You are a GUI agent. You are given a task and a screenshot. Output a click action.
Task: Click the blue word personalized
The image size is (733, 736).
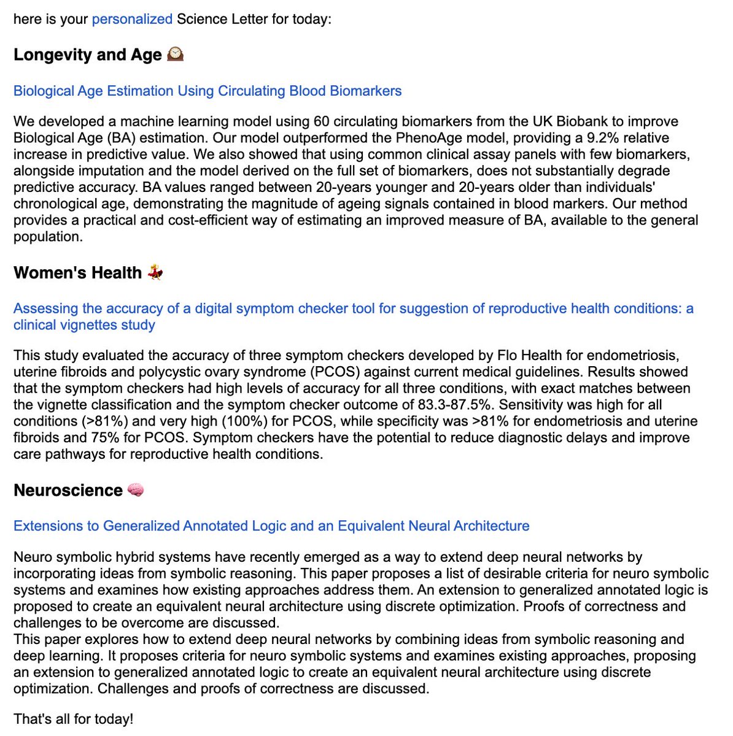click(132, 19)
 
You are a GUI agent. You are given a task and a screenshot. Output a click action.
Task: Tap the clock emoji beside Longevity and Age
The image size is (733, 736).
click(175, 55)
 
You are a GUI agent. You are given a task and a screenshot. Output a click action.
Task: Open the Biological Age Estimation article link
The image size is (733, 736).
click(207, 91)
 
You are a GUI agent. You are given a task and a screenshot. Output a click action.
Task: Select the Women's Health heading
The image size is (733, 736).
click(77, 272)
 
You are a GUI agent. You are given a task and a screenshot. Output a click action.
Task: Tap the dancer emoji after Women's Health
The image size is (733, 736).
click(155, 272)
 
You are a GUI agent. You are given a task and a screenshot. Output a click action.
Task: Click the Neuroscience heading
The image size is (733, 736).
click(68, 490)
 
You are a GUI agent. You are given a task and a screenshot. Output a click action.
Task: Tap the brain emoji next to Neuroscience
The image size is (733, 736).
click(136, 490)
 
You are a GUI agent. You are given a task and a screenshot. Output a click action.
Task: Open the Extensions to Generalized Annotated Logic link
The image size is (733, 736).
click(271, 526)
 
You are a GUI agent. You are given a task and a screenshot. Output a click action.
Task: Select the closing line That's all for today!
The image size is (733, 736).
click(73, 719)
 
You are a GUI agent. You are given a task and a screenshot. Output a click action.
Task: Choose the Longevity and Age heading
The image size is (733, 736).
click(88, 55)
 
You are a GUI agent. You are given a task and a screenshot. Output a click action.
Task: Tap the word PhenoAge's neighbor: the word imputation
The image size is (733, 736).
click(99, 171)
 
